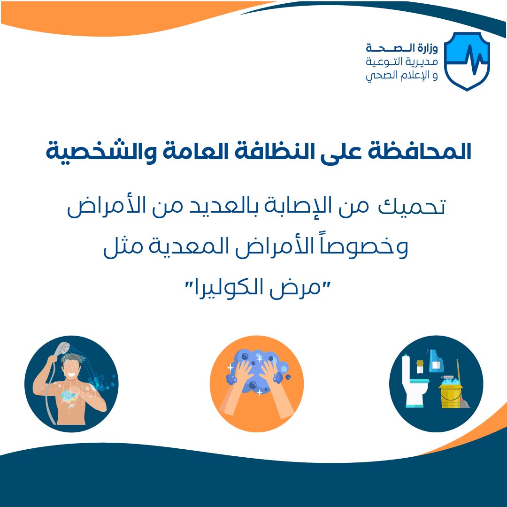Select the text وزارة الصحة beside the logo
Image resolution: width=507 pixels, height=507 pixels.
(x=402, y=48)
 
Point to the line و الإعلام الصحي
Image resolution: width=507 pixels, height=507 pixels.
(x=402, y=75)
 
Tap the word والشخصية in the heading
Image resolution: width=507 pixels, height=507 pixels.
(x=101, y=151)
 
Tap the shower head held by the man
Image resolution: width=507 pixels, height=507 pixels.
(x=62, y=348)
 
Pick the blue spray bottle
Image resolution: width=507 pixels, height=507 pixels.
(x=436, y=361)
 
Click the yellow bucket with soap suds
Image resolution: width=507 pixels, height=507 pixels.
(x=450, y=393)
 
